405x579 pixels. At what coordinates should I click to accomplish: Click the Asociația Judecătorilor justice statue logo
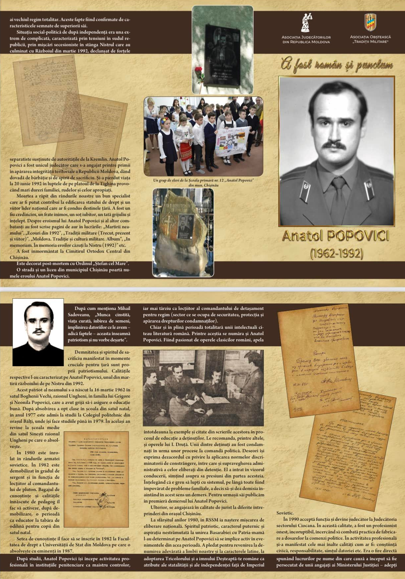click(306, 23)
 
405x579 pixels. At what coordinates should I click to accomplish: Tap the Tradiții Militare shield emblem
click(370, 22)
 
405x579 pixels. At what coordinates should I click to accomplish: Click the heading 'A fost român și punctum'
click(337, 64)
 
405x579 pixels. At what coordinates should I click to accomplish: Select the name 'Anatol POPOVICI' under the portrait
click(336, 236)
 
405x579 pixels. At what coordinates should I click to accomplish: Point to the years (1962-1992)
click(337, 254)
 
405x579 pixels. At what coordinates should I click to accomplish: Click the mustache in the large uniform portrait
click(334, 145)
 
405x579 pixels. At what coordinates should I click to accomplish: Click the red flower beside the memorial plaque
click(198, 70)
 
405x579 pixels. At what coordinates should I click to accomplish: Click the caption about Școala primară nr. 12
click(203, 183)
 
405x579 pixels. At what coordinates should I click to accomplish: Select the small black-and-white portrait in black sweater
click(38, 332)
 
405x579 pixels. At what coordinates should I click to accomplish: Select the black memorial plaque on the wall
click(223, 55)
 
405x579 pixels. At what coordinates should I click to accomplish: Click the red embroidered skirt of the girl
click(186, 151)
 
